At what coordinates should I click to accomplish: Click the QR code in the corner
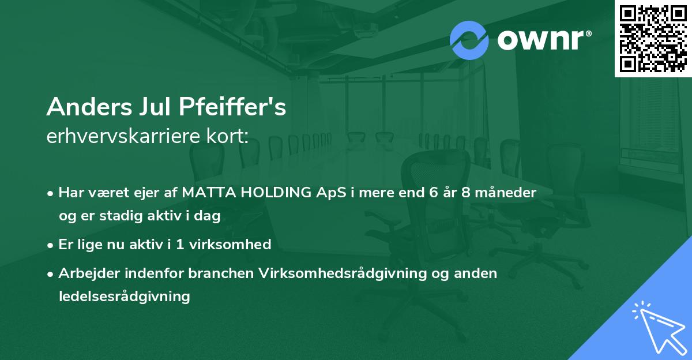click(x=653, y=38)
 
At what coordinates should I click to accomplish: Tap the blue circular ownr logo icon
click(x=469, y=39)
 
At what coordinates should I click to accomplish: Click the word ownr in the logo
click(x=543, y=40)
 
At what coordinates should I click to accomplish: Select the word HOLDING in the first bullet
click(x=271, y=193)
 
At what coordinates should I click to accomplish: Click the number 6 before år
click(x=432, y=193)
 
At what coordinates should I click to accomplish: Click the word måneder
click(x=509, y=193)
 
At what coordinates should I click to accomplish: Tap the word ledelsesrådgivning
click(x=124, y=297)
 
